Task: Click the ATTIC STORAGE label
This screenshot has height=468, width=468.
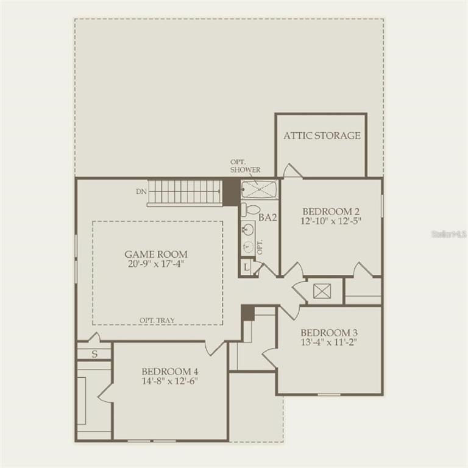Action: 322,135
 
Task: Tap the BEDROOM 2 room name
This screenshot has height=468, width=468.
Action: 331,211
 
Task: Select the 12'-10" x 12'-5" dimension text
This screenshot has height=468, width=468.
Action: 331,221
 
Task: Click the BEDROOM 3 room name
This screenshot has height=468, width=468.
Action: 329,333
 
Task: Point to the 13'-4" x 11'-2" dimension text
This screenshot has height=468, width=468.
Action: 329,342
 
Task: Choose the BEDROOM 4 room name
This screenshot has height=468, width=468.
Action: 170,372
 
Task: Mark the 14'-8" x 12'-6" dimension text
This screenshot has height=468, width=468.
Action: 170,381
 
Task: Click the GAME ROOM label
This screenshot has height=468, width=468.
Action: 156,254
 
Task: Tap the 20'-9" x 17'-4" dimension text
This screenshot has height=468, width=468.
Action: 156,264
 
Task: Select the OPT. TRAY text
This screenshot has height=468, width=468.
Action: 157,321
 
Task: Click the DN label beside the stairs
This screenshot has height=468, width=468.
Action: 141,191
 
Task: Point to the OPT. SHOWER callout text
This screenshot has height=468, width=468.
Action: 245,166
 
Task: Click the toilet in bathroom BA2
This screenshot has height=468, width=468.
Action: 250,209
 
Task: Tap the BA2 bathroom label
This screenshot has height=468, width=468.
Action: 268,218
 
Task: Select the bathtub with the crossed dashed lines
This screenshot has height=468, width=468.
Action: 260,190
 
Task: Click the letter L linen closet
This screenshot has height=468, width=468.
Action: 246,268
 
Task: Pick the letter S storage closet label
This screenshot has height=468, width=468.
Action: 94,354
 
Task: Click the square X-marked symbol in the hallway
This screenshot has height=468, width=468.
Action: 322,291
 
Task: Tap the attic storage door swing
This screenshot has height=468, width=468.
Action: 292,171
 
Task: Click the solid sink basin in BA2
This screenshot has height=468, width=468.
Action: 249,230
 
